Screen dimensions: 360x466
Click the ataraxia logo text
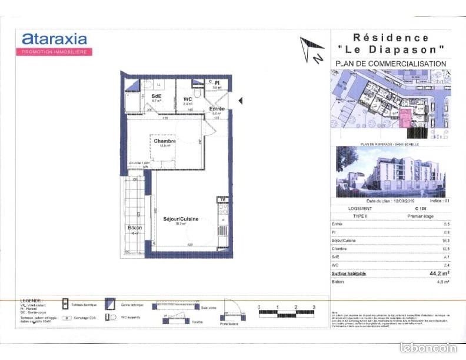[54, 39]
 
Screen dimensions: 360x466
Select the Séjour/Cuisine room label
[181, 219]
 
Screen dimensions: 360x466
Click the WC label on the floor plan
[188, 99]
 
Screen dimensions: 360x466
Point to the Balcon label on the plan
[135, 228]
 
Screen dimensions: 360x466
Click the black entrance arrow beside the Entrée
[239, 101]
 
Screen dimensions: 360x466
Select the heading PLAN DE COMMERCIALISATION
[390, 64]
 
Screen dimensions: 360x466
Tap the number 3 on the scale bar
[314, 307]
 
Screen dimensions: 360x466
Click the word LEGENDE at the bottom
[31, 300]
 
